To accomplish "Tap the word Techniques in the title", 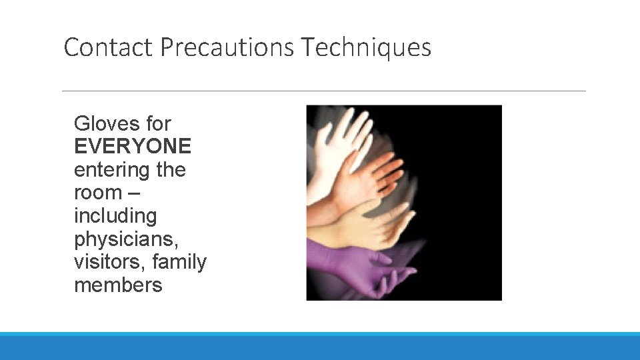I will (366, 48).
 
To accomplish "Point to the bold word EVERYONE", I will (133, 146).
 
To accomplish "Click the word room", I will (98, 193).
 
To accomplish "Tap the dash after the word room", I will (133, 193).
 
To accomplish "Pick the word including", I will (115, 216).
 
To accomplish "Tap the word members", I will (118, 285).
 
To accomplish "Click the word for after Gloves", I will (158, 123).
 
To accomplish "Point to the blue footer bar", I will (320, 346).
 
